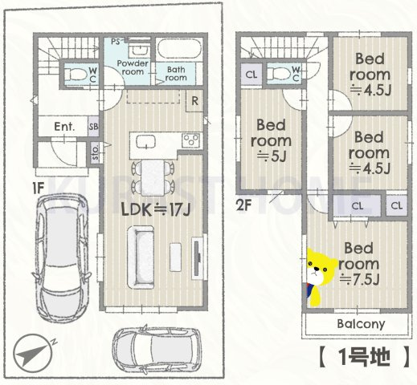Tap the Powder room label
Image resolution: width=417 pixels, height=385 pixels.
[129, 67]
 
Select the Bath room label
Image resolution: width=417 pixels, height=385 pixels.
[175, 73]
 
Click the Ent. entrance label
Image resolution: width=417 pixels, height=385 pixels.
[64, 127]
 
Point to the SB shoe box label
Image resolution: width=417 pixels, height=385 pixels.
[94, 127]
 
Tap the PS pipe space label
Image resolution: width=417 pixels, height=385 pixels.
[116, 39]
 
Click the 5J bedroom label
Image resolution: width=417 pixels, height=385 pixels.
[272, 140]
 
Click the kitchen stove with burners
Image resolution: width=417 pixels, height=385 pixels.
[191, 141]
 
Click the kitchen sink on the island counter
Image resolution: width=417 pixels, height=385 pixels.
[145, 142]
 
